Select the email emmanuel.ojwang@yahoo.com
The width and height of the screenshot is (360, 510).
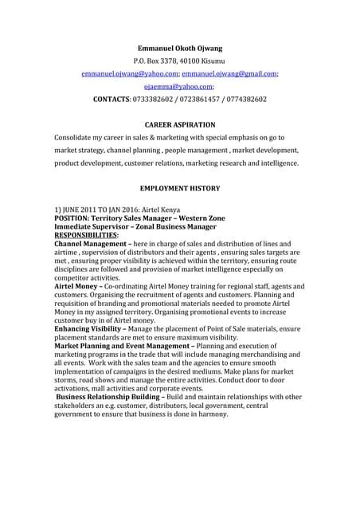(128, 73)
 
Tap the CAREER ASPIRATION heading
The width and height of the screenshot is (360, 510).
(179, 125)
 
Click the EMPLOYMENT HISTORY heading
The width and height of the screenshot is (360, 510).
(179, 189)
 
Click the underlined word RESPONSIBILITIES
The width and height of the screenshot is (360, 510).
(86, 235)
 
